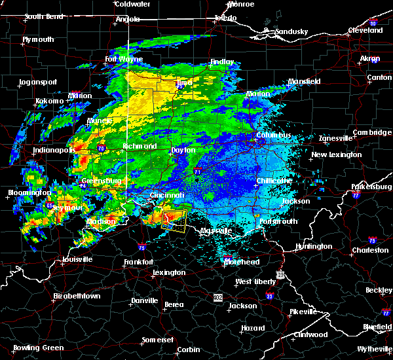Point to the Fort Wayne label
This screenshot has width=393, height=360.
pyautogui.click(x=123, y=60)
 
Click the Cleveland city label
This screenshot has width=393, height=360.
pyautogui.click(x=365, y=30)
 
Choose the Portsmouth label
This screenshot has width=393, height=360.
pyautogui.click(x=280, y=221)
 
